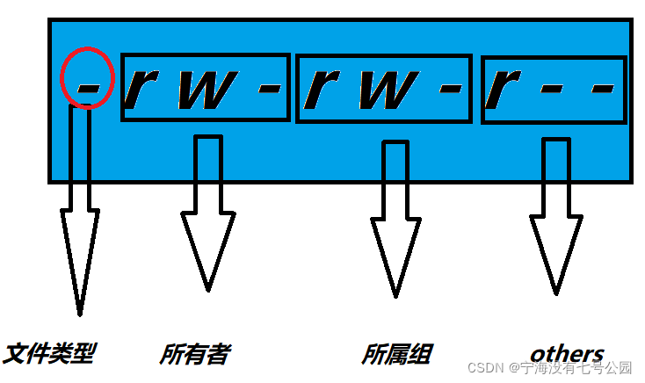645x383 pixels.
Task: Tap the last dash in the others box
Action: pos(601,89)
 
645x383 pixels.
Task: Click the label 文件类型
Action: pos(49,354)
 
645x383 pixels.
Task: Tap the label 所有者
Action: pos(194,354)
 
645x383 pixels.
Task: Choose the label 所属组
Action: pos(396,354)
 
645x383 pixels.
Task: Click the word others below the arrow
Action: pos(567,354)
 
